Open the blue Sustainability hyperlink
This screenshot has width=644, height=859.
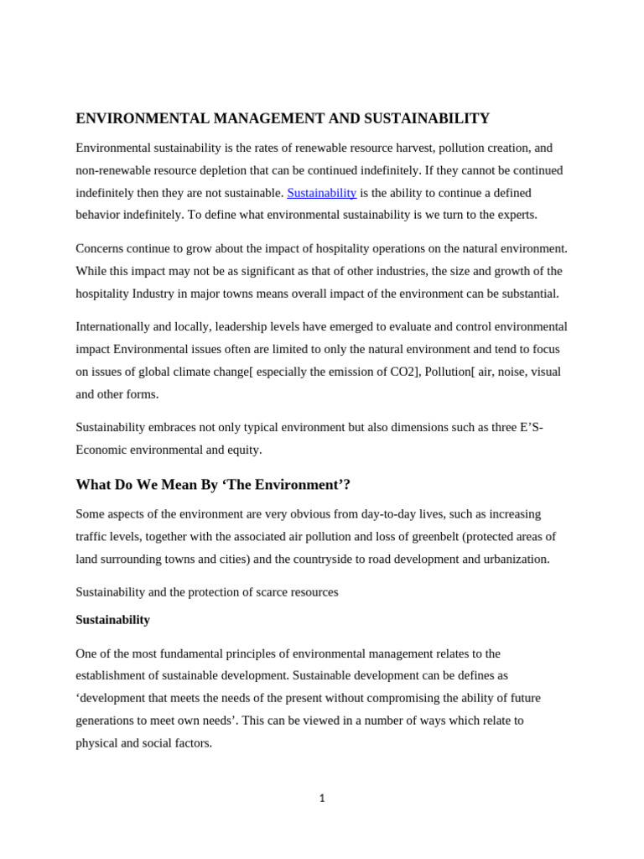321,193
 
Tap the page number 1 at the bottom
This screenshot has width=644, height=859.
322,799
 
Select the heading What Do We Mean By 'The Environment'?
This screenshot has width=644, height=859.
213,485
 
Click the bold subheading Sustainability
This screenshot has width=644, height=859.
112,620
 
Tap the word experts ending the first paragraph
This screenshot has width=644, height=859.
513,215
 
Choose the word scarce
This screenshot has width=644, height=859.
262,592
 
